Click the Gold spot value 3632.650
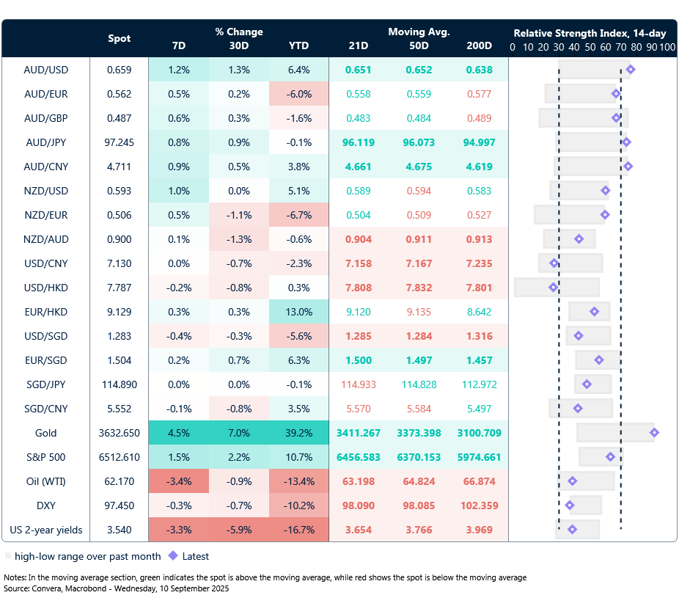[x=119, y=433]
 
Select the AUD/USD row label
[x=46, y=70]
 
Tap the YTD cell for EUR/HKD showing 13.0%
[x=298, y=312]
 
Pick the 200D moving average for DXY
[x=479, y=505]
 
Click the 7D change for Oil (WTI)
[x=178, y=481]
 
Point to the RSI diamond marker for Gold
[x=654, y=433]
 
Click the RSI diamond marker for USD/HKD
[x=554, y=288]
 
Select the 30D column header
[x=238, y=45]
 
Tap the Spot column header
[x=120, y=38]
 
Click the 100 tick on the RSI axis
[x=667, y=47]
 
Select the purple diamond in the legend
[x=173, y=556]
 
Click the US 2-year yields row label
[x=46, y=530]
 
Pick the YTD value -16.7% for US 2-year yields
[x=298, y=530]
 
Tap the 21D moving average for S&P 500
[x=359, y=457]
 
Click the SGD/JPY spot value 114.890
[x=119, y=384]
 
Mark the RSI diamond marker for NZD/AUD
[x=579, y=239]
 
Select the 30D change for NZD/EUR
[x=238, y=215]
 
